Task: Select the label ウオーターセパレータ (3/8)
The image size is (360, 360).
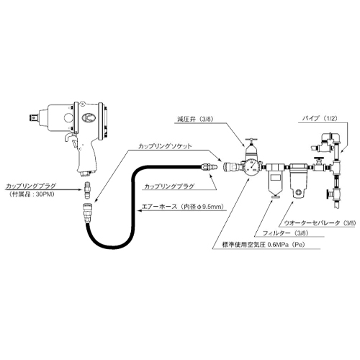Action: coord(320,223)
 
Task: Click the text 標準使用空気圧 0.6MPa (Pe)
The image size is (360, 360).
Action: coord(264,245)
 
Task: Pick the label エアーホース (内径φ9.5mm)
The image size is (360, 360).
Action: coord(183,207)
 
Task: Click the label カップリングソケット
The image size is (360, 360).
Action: coord(165,146)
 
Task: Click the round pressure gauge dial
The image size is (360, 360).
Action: coord(252,166)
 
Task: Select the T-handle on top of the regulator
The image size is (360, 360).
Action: coord(251,140)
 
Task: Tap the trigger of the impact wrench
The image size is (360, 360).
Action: coord(69,138)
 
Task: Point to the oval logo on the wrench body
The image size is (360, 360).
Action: coord(89,117)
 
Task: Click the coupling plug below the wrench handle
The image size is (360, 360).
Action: coord(87,190)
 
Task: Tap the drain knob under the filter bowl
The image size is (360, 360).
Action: coord(276,197)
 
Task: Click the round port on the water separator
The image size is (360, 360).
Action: coord(299,192)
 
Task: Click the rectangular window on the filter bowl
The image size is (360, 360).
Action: coord(276,177)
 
